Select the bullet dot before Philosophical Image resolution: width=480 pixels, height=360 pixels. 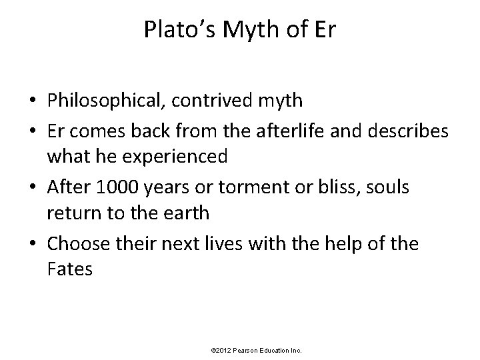[x=32, y=101]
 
